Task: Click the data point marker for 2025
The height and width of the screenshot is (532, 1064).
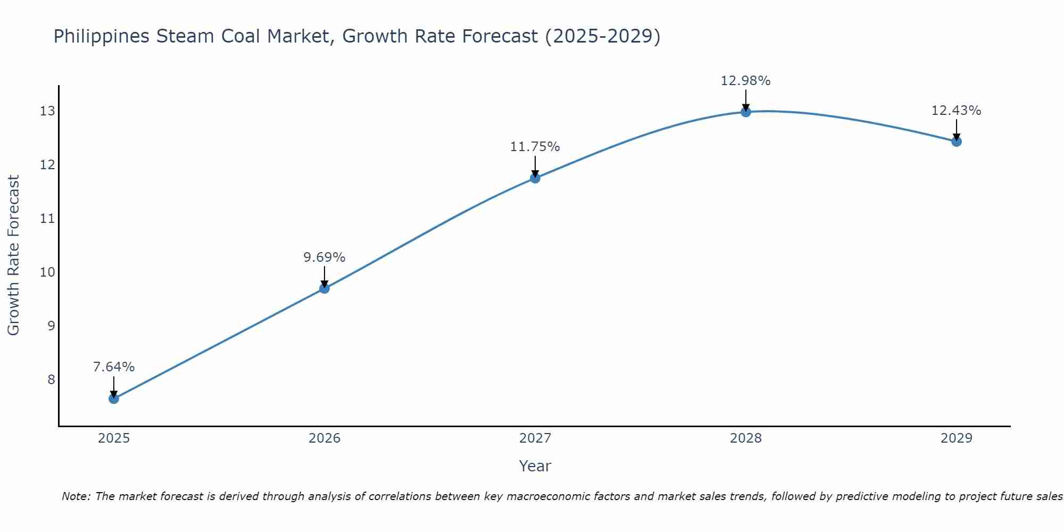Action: point(114,398)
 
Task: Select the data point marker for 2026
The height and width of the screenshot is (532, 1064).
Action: point(325,288)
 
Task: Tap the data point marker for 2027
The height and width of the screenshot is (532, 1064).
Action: point(535,178)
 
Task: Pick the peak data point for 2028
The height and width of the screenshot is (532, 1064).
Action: point(746,112)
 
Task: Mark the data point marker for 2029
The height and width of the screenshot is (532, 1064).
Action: point(957,141)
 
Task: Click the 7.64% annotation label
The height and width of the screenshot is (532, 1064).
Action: point(114,367)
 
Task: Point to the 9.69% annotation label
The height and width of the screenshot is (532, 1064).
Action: point(325,257)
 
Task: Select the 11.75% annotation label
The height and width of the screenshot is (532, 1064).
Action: point(535,147)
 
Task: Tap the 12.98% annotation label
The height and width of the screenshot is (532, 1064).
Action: point(746,81)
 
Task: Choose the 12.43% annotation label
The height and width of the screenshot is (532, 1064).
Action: point(957,111)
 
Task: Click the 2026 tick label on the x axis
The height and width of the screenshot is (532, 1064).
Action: point(325,438)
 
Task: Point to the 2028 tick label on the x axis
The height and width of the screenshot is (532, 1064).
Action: point(746,438)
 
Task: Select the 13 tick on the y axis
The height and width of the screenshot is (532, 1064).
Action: point(47,111)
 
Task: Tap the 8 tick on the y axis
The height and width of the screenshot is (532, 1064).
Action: point(51,380)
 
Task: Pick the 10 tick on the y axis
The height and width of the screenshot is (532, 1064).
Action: point(47,272)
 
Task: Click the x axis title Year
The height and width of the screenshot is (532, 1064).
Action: point(535,466)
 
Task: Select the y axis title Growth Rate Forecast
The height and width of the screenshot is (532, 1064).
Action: point(13,255)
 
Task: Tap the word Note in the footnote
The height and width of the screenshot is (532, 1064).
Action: point(77,496)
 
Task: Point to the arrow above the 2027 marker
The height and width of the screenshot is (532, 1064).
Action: point(535,166)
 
